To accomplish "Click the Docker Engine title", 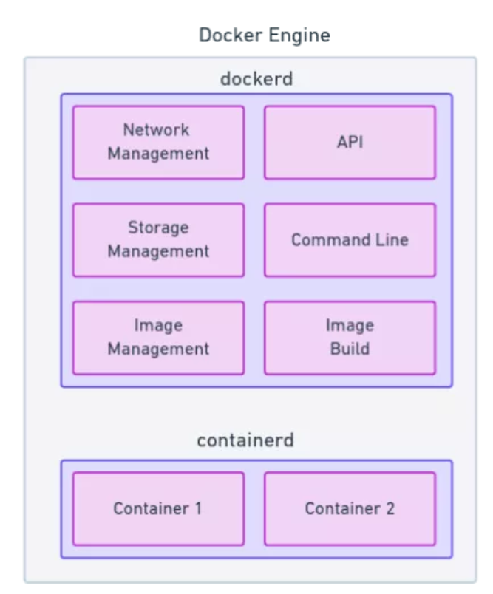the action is coord(265,35).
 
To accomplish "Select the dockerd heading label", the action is coord(256,79).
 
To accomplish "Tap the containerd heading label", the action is coord(245,440).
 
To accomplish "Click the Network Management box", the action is coord(158,142).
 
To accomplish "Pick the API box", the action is coord(350,142).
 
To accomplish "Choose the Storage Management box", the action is coord(158,240).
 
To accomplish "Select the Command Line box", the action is coord(350,240).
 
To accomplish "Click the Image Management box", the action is coord(158,338).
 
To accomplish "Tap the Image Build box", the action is coord(350,338).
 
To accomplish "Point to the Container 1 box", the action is coord(158,508).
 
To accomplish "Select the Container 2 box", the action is coord(350,508).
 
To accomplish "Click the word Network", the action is coord(156,130).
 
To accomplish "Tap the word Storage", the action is coord(158,228).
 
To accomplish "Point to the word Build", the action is coord(350,349).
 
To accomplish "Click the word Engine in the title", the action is coord(300,36).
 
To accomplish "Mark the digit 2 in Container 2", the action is coord(390,508).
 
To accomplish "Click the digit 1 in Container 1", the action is coord(198,508).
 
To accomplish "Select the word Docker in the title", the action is coord(231,35).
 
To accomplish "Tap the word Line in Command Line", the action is coord(392,240).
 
